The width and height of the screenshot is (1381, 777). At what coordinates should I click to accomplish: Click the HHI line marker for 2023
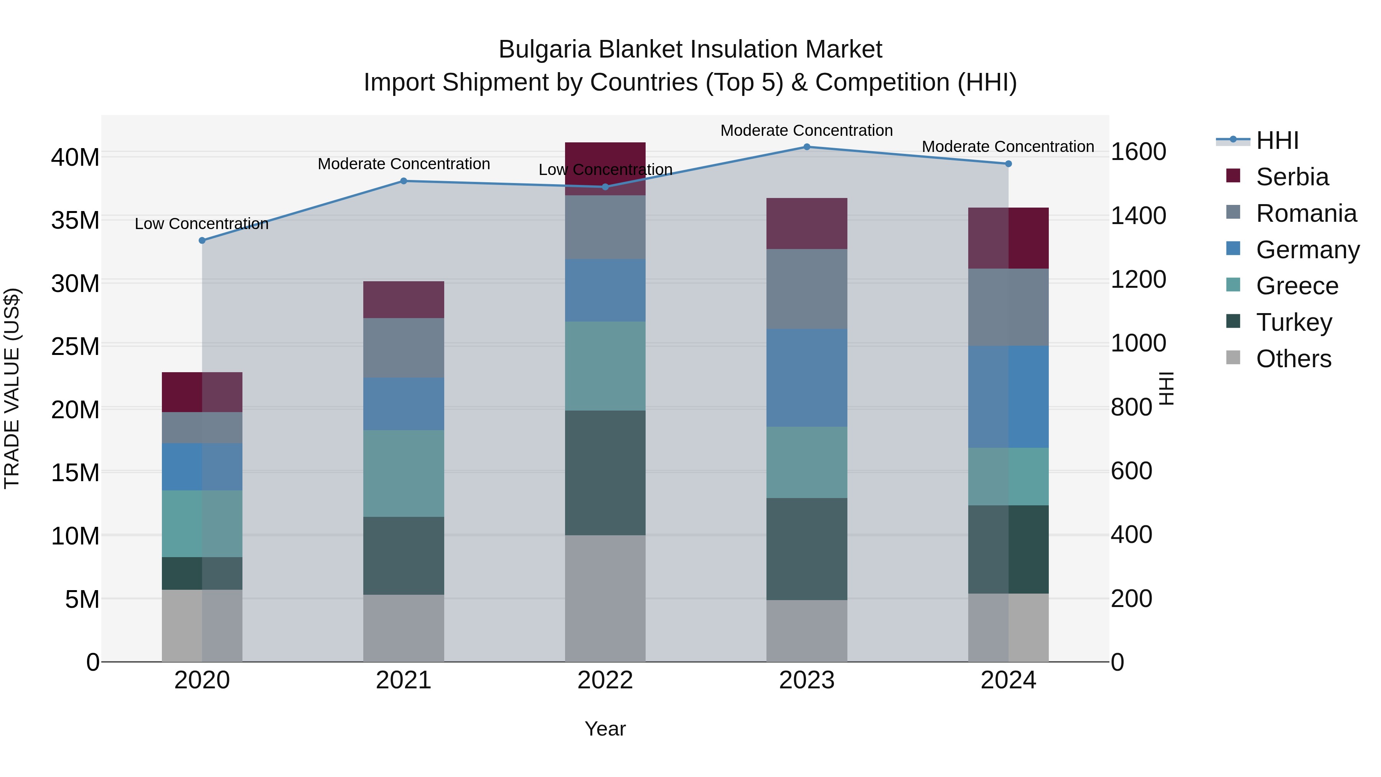tap(806, 147)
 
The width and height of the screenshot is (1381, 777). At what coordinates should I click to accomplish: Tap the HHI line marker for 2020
tap(202, 241)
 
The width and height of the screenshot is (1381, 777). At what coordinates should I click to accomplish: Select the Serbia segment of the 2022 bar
tap(605, 168)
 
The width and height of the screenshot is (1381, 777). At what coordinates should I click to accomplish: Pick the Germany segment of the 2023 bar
tap(806, 378)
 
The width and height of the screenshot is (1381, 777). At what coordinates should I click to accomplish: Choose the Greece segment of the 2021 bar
tap(404, 473)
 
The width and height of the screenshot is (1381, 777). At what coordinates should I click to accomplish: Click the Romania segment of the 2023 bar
tap(806, 289)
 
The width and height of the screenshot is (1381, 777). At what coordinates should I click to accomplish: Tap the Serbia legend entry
tap(1292, 177)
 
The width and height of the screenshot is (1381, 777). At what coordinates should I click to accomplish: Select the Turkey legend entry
tap(1294, 322)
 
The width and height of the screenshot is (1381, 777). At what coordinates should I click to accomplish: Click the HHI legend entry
tap(1277, 140)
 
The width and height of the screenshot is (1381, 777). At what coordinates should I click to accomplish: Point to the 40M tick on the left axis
tap(75, 158)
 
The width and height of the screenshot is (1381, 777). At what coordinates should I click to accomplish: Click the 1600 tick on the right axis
tap(1138, 152)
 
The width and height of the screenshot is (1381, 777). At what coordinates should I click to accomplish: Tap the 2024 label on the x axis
tap(1008, 680)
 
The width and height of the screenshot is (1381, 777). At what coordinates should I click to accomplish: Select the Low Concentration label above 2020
tap(201, 224)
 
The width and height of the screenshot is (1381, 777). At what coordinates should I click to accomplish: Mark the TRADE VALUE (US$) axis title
tap(12, 388)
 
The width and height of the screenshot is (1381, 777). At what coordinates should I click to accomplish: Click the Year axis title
tap(605, 729)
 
